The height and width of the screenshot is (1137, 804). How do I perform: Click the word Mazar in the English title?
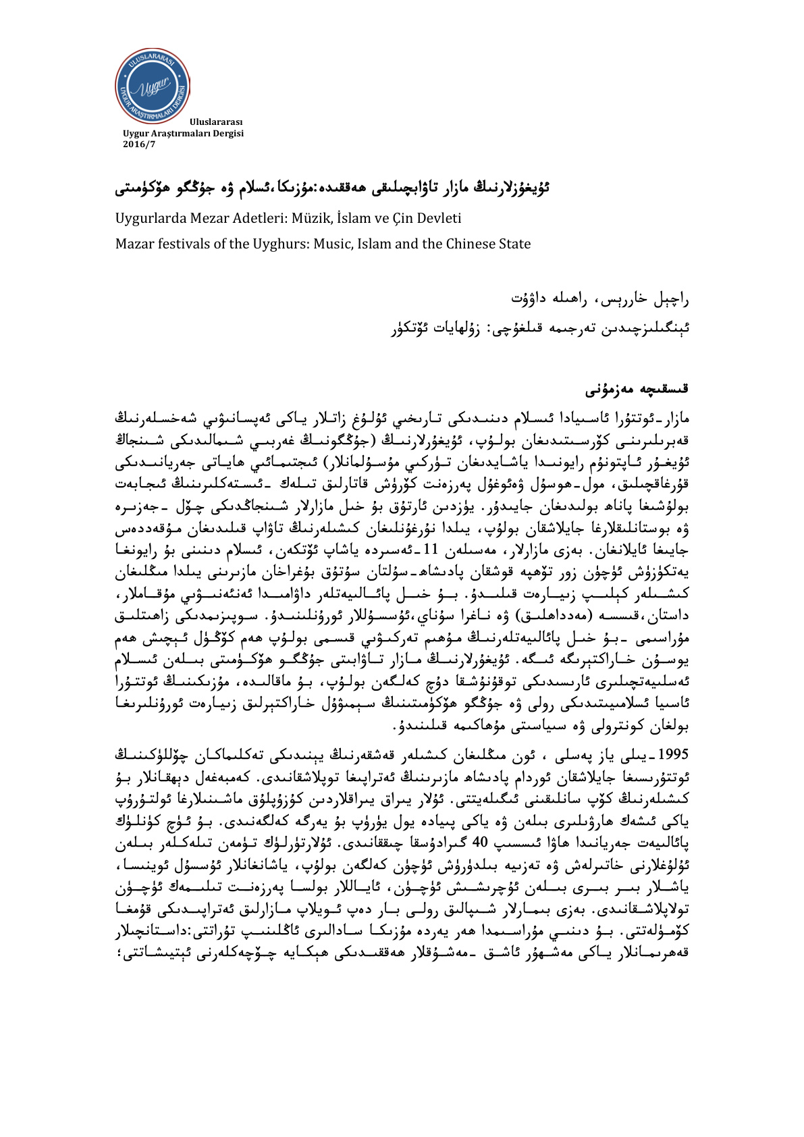click(134, 244)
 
